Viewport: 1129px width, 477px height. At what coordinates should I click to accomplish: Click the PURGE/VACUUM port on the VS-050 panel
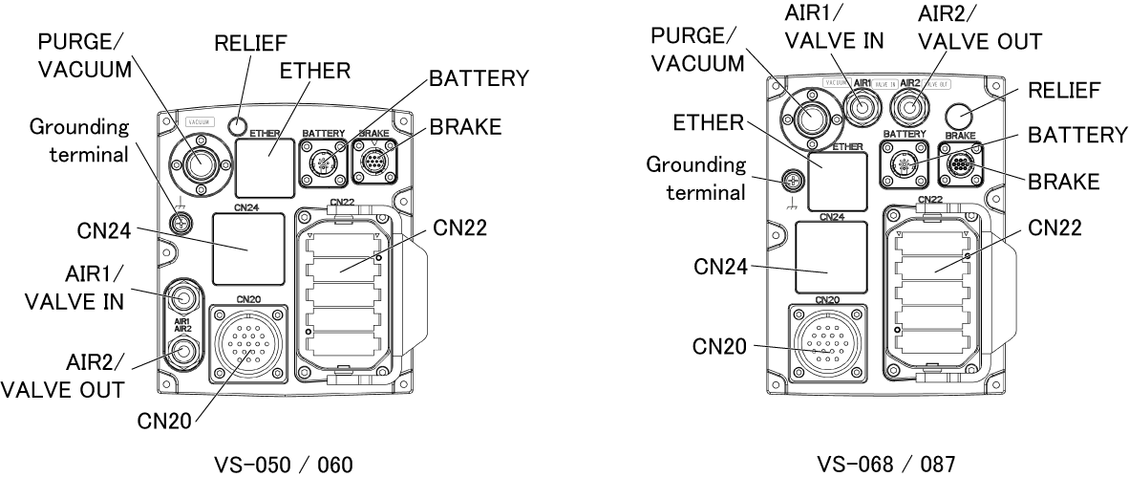[x=199, y=164]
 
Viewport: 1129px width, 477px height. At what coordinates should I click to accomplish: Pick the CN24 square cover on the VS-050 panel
[x=248, y=248]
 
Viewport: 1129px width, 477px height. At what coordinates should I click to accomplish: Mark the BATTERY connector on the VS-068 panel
[x=905, y=164]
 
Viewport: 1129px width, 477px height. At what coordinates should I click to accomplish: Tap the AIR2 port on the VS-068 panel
[x=908, y=107]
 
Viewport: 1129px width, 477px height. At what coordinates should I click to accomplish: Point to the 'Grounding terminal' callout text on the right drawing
[x=696, y=178]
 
